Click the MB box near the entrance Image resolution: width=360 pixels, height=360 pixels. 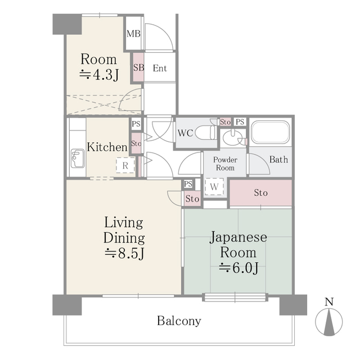(133, 34)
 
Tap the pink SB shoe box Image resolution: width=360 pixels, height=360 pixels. (138, 67)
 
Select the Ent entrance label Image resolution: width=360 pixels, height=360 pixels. (159, 69)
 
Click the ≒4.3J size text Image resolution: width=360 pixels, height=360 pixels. (99, 74)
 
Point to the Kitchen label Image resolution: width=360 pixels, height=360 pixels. (107, 147)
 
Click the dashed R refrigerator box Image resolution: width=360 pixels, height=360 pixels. (125, 165)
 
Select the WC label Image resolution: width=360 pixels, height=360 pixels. (186, 134)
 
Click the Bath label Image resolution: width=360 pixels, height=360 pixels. (278, 160)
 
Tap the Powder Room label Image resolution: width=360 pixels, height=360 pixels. (224, 164)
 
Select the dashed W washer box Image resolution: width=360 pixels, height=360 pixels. (214, 186)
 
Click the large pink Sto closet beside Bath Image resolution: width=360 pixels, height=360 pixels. (260, 193)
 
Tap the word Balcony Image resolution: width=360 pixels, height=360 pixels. (179, 321)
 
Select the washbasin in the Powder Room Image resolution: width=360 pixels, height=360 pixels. (231, 138)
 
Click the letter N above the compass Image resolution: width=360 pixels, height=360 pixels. (330, 301)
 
